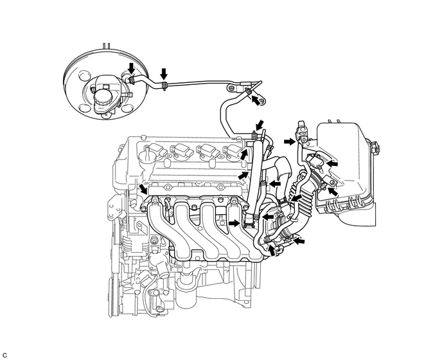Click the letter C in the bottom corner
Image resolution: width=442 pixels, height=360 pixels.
(4, 355)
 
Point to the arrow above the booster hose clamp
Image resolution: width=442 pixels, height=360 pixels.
(131, 68)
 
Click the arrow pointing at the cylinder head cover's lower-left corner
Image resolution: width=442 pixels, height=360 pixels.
(143, 188)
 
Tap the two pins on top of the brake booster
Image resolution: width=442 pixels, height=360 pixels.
(106, 46)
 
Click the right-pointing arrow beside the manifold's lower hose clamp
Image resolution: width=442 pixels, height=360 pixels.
(234, 223)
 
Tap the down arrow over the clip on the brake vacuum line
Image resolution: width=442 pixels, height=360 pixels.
(164, 73)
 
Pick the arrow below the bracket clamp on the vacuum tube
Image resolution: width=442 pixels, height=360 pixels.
(256, 100)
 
